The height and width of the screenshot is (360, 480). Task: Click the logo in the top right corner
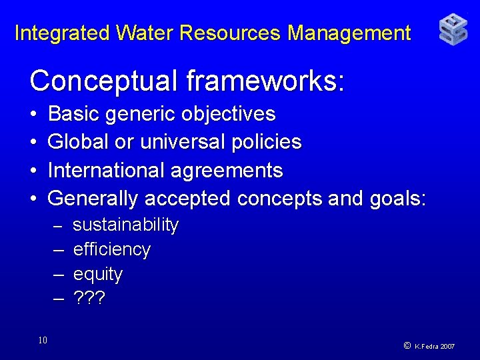[453, 31]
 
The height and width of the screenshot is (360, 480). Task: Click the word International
[107, 171]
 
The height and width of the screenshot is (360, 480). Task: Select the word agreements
[227, 171]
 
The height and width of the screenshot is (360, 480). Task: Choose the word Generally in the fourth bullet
[94, 199]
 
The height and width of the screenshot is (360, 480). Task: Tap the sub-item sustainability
[125, 225]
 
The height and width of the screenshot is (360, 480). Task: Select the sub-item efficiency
[112, 250]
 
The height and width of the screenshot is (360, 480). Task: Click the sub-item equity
[98, 275]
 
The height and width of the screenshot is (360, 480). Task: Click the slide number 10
[43, 341]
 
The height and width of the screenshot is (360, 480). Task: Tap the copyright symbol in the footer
[407, 346]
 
